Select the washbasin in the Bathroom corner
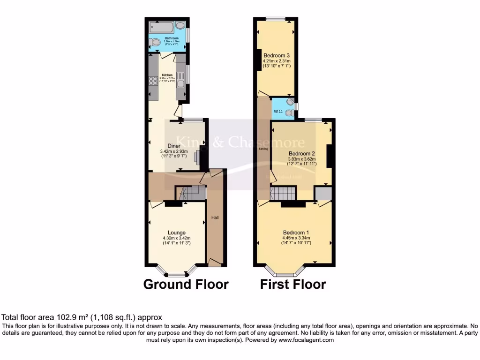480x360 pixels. tap(180, 26)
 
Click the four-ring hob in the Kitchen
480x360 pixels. tap(153, 82)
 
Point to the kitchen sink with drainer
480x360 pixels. tap(181, 78)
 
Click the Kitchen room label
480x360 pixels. tap(167, 75)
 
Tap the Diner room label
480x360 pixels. tap(174, 146)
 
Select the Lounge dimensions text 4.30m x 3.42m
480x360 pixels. tap(177, 238)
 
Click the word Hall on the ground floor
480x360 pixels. tap(215, 217)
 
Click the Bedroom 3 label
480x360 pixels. tap(276, 55)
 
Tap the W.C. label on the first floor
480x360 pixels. tap(277, 112)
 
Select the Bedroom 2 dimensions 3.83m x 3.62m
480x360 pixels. tap(302, 159)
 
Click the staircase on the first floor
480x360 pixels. tap(283, 193)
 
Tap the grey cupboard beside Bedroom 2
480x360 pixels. tap(322, 193)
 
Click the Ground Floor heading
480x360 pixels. tap(186, 284)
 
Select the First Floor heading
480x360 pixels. tap(293, 284)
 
